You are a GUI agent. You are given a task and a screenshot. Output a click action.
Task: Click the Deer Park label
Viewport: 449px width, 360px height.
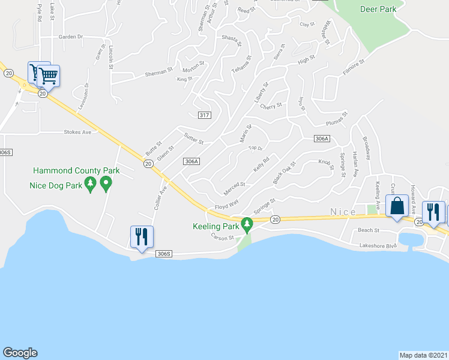pyautogui.click(x=378, y=9)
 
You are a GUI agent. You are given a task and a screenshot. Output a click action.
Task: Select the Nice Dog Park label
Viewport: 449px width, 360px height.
pyautogui.click(x=56, y=185)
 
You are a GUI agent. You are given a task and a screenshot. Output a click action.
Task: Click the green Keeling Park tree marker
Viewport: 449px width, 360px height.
pyautogui.click(x=246, y=224)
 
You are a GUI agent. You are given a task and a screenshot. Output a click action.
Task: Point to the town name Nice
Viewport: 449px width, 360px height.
pyautogui.click(x=342, y=212)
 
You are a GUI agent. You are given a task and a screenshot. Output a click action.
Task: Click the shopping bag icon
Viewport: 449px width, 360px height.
pyautogui.click(x=397, y=207)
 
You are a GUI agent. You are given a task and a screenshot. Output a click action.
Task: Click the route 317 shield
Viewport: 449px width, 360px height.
pyautogui.click(x=205, y=115)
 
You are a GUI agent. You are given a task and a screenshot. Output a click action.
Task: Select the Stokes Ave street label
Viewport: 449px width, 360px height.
pyautogui.click(x=78, y=132)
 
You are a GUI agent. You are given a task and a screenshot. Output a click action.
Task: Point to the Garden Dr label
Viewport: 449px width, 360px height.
pyautogui.click(x=70, y=37)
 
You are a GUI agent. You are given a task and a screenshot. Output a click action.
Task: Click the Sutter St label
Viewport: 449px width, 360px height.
pyautogui.click(x=194, y=139)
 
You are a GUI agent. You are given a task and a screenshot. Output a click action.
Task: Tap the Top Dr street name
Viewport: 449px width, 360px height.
pyautogui.click(x=256, y=148)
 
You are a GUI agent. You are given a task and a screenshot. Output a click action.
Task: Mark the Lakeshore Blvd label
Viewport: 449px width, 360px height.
pyautogui.click(x=378, y=245)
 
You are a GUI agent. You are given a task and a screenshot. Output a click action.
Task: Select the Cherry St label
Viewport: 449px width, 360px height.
pyautogui.click(x=271, y=106)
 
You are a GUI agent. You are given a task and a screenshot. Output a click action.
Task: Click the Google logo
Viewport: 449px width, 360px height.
pyautogui.click(x=20, y=352)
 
